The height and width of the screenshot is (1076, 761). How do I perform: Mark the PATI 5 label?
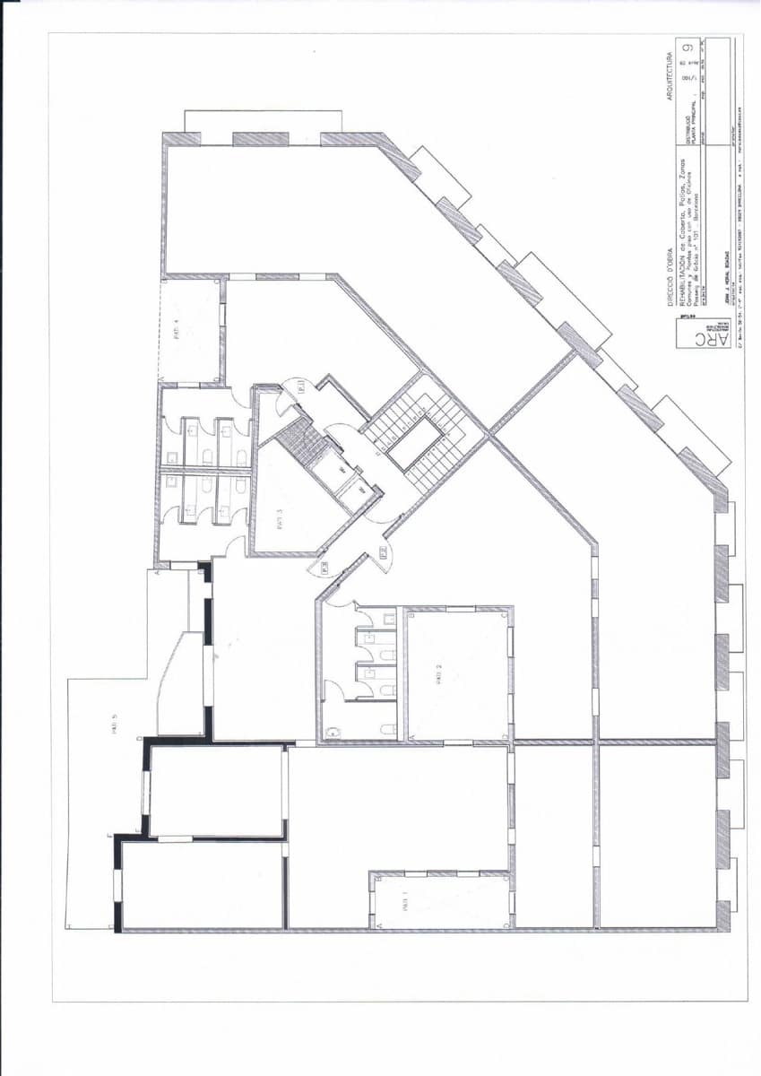(115, 723)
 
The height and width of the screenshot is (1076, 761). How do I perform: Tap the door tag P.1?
(302, 386)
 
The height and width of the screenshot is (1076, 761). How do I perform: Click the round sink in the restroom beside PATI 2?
(331, 731)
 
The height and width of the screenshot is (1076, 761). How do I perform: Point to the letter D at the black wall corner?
(140, 740)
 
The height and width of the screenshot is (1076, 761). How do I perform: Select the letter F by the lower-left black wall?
(109, 837)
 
